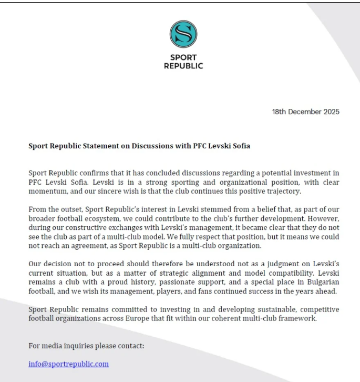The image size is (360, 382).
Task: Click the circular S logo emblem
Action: point(183,34)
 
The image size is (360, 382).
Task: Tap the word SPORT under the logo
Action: point(183,58)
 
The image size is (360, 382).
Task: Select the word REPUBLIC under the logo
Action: point(183,66)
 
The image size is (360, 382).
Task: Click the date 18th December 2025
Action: point(305,112)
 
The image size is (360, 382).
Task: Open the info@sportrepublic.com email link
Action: point(68,364)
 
